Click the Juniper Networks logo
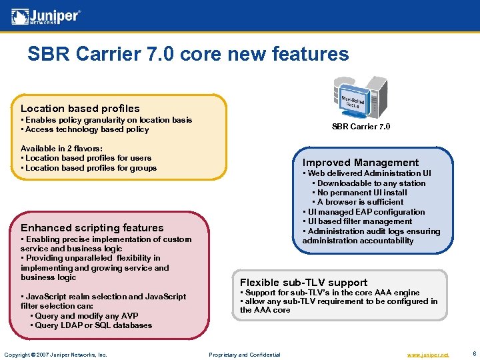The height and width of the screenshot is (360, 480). (47, 16)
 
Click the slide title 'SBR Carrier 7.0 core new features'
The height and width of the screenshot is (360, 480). (188, 54)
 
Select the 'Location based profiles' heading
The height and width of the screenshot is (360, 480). (80, 108)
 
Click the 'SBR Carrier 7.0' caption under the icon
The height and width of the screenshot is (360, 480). (361, 127)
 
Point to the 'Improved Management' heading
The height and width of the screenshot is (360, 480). (361, 163)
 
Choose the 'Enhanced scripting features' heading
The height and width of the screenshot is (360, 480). (92, 228)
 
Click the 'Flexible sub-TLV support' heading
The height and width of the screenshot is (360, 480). (303, 282)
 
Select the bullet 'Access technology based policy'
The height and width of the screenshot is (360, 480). (86, 129)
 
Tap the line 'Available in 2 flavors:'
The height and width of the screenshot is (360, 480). (61, 149)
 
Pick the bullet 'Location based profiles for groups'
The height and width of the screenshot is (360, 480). (90, 168)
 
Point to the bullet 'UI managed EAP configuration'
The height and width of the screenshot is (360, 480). (365, 212)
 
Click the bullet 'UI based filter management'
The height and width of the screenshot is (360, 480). (359, 221)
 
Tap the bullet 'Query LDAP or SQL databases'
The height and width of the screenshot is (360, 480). (93, 325)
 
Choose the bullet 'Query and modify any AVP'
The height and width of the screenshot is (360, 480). (86, 316)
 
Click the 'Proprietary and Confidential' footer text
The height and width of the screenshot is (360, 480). (245, 355)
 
